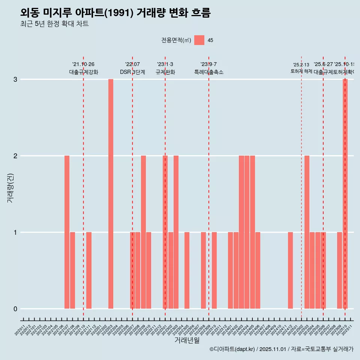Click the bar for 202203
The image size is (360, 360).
pos(111,194)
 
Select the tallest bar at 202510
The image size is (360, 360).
pos(345,194)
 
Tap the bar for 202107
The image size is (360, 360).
pos(67,232)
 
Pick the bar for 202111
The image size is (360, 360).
pos(89,270)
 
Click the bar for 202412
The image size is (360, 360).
pos(290,270)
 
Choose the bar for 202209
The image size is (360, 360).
pos(143,232)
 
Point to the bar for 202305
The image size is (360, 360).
pos(187,270)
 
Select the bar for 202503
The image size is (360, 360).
pos(307,232)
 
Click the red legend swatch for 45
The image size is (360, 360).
pos(199,40)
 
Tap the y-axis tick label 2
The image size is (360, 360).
pos(15,156)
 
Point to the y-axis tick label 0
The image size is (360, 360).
pos(15,309)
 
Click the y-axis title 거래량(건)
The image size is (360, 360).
pos(10,187)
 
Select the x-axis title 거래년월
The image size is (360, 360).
pos(187,340)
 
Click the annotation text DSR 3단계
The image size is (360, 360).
pos(132,72)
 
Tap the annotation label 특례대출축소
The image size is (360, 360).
pos(208,72)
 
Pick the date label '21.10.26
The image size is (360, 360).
pos(83,64)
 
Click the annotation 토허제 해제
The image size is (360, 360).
pos(301,71)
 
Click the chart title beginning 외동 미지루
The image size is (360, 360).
pos(115,13)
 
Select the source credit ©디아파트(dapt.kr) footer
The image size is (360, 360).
pos(281,349)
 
